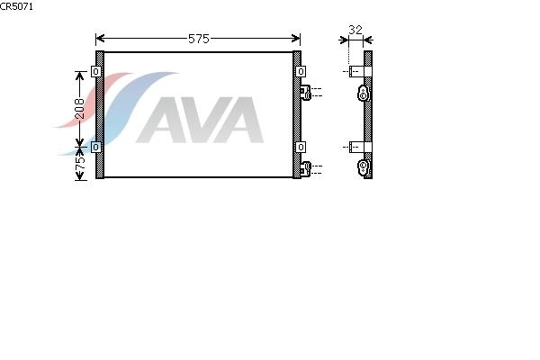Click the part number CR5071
[x=16, y=6]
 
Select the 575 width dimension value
[x=199, y=39]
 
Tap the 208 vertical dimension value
[x=80, y=109]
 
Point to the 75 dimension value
[x=80, y=163]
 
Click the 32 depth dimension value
[x=355, y=30]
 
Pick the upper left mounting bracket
[x=95, y=72]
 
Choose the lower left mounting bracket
[x=95, y=148]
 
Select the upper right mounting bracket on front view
[x=301, y=72]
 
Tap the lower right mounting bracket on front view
[x=301, y=148]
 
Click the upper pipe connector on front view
[x=305, y=93]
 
